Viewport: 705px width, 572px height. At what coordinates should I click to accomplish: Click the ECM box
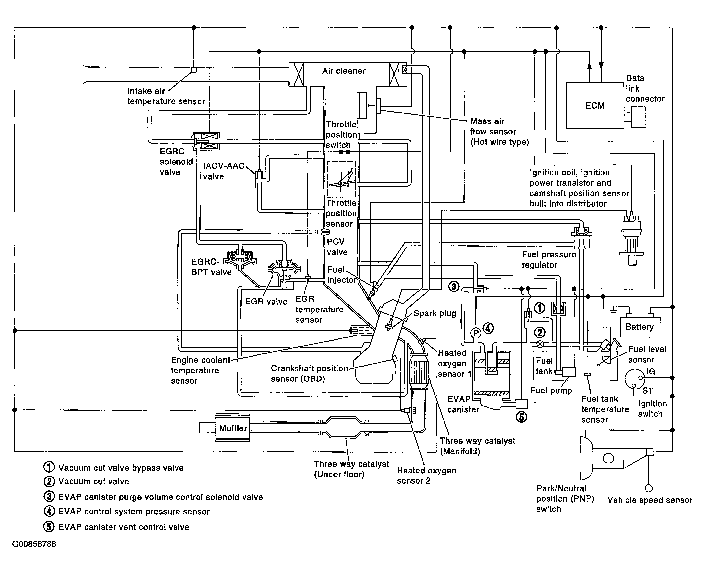(595, 105)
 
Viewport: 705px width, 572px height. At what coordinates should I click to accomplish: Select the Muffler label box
(233, 428)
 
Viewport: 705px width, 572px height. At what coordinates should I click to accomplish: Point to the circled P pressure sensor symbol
(475, 332)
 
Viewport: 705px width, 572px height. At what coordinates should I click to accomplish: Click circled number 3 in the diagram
(454, 286)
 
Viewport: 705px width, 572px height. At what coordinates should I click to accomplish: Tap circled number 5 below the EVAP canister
(521, 417)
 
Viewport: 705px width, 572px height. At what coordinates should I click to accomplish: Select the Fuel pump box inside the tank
(568, 372)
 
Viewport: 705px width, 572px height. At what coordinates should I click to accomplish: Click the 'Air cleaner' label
(344, 71)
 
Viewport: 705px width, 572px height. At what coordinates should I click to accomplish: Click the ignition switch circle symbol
(633, 379)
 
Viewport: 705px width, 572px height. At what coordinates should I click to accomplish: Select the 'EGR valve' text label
(266, 302)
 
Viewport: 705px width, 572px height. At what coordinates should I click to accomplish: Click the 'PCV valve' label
(337, 247)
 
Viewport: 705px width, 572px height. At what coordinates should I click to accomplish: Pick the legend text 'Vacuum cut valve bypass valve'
(121, 468)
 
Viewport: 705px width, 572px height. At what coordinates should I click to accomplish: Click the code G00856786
(34, 544)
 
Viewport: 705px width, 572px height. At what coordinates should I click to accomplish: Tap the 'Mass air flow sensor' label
(499, 132)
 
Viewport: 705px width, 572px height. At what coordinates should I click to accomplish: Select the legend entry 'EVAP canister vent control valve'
(124, 527)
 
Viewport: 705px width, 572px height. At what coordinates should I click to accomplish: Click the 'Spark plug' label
(435, 314)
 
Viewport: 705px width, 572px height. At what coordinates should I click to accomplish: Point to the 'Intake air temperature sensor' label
(166, 96)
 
